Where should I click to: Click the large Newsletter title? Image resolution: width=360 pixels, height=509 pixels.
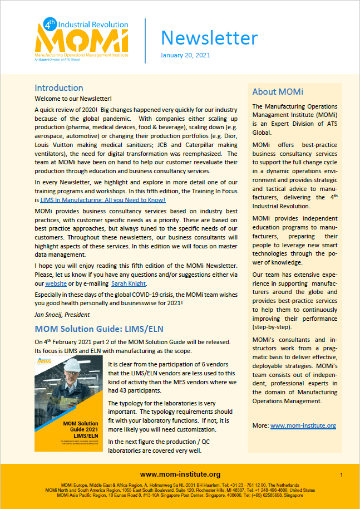209,38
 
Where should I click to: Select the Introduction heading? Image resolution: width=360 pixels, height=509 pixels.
59,88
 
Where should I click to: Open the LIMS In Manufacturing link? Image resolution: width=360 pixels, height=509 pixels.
103,199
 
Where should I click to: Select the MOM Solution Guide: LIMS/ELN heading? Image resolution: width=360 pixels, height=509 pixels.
99,329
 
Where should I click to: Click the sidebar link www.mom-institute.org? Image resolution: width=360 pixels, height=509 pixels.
303,425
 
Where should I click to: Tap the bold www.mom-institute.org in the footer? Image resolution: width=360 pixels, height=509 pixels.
180,474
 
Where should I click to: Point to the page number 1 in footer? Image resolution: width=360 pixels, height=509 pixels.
341,474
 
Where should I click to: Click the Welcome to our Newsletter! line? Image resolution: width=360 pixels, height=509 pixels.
73,99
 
